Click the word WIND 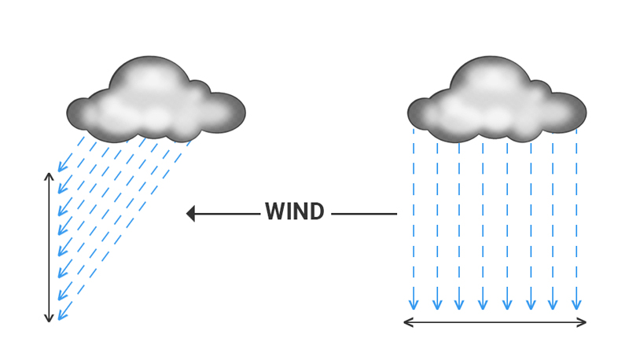[x=294, y=212]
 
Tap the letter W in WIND [x=274, y=212]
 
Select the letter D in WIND [x=316, y=212]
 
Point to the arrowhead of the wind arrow [x=190, y=213]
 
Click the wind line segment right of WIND [x=363, y=213]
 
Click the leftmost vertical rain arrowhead [x=414, y=305]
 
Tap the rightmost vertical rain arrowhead [x=576, y=305]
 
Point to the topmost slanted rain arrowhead [x=61, y=167]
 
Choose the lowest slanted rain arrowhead [x=61, y=317]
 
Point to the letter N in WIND [x=301, y=212]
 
